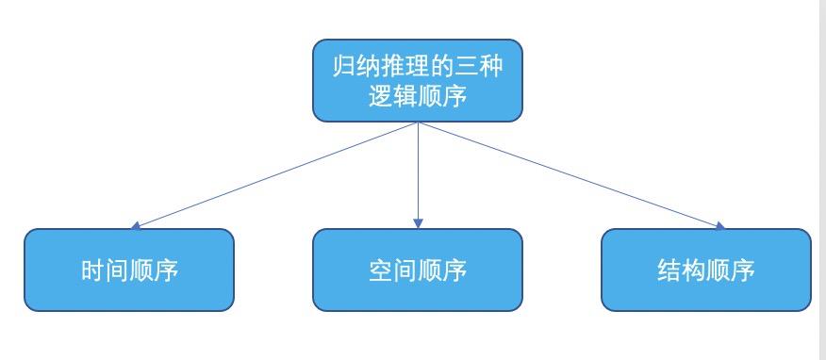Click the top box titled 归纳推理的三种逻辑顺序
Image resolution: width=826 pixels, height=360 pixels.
(x=417, y=81)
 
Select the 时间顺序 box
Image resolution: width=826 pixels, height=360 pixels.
(x=128, y=270)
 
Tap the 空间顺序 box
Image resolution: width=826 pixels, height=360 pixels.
(x=417, y=270)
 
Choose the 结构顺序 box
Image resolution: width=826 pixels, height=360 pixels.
(x=705, y=270)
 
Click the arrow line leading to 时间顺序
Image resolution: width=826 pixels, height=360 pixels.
(x=273, y=175)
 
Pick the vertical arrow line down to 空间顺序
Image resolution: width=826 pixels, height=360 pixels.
(x=418, y=174)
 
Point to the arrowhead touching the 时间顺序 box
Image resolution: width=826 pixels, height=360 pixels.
(x=137, y=226)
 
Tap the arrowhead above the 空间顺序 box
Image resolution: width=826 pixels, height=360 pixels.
(x=418, y=223)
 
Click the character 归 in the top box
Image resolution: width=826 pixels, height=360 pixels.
(x=345, y=66)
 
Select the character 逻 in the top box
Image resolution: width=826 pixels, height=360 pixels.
(x=381, y=96)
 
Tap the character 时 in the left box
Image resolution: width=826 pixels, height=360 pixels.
(x=92, y=271)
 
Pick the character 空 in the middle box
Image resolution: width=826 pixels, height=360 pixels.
(x=381, y=271)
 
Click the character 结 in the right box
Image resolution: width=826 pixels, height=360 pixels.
(x=669, y=271)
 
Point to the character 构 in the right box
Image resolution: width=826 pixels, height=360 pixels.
(x=694, y=271)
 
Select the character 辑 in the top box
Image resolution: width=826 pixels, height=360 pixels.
(x=405, y=96)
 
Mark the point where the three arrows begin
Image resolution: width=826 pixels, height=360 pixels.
(x=418, y=123)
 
